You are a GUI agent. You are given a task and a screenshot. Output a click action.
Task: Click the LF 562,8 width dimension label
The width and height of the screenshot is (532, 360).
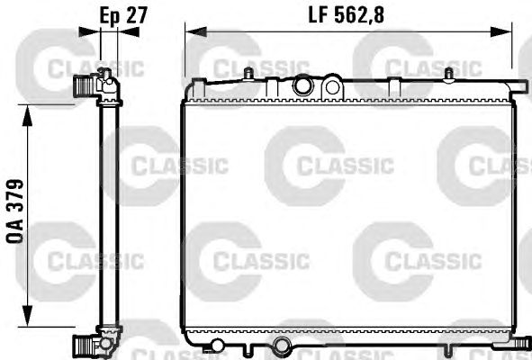(x=346, y=15)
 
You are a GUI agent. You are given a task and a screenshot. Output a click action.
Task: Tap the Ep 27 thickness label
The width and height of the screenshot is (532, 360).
(x=123, y=15)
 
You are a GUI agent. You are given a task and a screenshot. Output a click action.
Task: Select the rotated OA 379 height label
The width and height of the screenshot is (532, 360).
(x=15, y=211)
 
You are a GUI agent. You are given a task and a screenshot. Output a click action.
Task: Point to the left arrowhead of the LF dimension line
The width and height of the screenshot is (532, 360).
(x=196, y=31)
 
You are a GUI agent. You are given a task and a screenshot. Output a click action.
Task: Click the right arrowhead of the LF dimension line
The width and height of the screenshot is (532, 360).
(x=500, y=31)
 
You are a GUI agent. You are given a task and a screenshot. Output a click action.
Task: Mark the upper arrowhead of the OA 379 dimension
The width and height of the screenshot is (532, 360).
(x=27, y=116)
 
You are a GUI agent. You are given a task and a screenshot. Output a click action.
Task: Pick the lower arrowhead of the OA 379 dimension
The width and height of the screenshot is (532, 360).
(x=27, y=316)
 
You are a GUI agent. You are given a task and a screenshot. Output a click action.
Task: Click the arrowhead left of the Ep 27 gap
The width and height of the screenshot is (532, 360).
(x=89, y=31)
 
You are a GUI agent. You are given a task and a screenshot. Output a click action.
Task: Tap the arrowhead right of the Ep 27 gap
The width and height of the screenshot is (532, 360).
(x=129, y=31)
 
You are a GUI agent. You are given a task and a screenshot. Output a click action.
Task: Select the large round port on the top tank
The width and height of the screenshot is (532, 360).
(x=302, y=85)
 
